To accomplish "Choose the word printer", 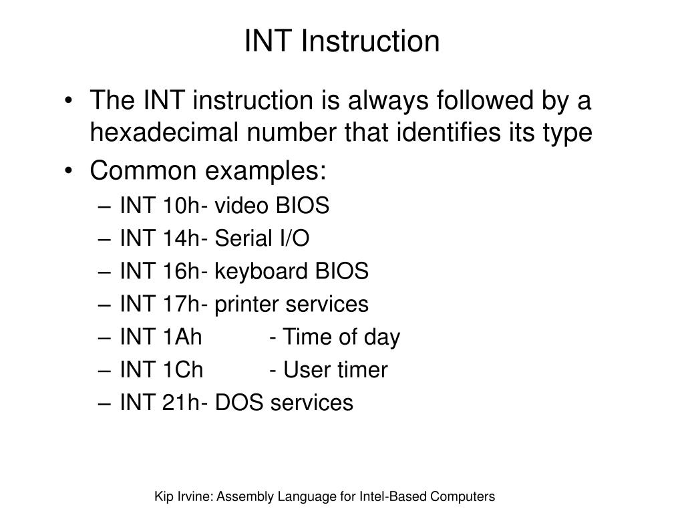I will pos(247,305).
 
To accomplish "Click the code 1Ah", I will pos(181,337).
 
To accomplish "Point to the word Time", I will pos(305,337).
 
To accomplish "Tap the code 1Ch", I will pos(182,370).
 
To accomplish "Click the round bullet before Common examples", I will pos(71,171).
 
